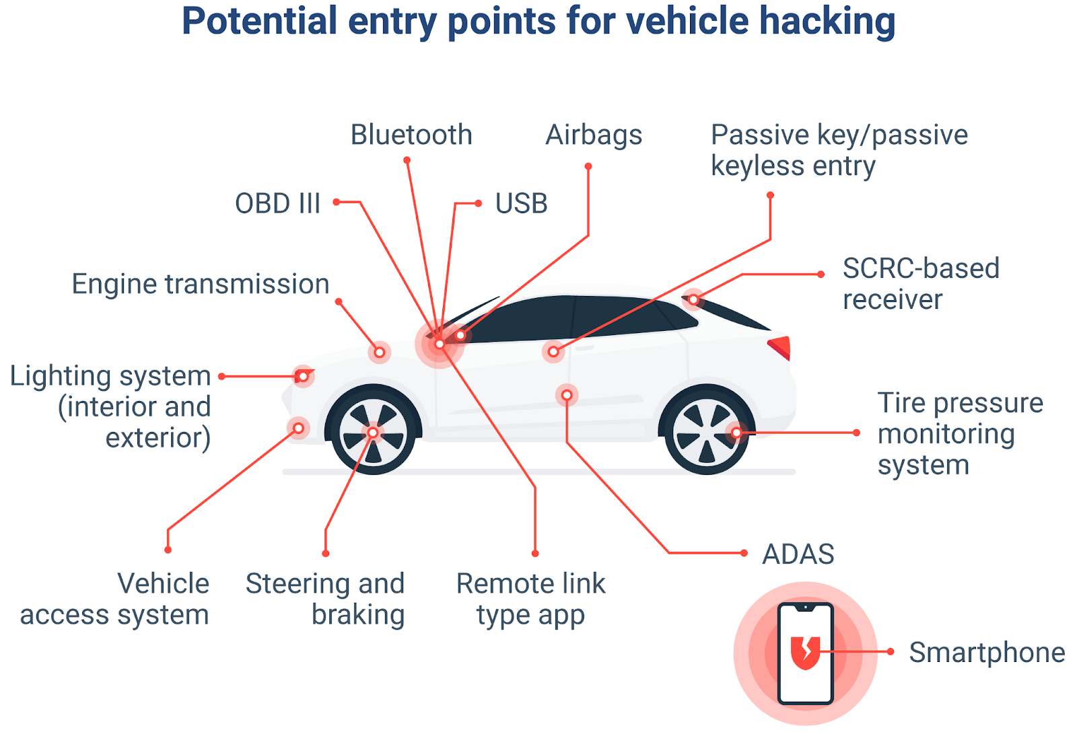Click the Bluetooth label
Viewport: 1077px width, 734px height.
411,135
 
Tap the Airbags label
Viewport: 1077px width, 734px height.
594,135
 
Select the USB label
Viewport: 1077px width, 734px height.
521,203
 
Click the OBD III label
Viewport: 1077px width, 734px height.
277,203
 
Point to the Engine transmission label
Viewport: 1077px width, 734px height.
201,284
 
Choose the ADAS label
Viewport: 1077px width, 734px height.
798,554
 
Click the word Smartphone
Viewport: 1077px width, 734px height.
987,652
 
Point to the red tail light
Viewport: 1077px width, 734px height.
781,346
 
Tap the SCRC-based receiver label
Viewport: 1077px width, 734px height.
920,284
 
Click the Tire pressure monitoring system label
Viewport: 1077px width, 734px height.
959,434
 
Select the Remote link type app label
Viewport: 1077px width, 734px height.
530,599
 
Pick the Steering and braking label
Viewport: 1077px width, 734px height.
326,599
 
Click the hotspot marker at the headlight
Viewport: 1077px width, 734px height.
303,376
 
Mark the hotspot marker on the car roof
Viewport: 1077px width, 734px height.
693,299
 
